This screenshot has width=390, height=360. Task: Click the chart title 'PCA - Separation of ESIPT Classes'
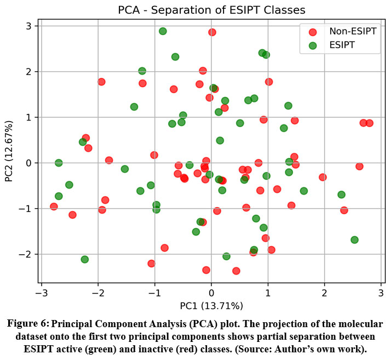click(211, 10)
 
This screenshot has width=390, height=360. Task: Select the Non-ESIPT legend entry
click(352, 31)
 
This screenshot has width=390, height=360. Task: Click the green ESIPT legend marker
click(313, 45)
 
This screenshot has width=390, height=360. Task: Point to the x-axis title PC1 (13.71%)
click(211, 305)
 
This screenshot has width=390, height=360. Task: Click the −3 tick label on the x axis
click(41, 294)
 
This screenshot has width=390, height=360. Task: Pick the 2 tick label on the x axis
click(324, 294)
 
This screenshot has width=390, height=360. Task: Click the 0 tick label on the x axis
click(211, 294)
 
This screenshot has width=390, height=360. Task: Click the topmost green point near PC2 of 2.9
click(163, 31)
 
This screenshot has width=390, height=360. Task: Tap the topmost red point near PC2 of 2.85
click(212, 32)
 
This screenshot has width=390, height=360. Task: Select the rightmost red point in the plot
click(369, 123)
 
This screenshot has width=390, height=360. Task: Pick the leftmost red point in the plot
click(54, 207)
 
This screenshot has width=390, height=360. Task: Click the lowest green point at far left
click(85, 259)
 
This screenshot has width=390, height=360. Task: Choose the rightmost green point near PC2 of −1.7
click(354, 240)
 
